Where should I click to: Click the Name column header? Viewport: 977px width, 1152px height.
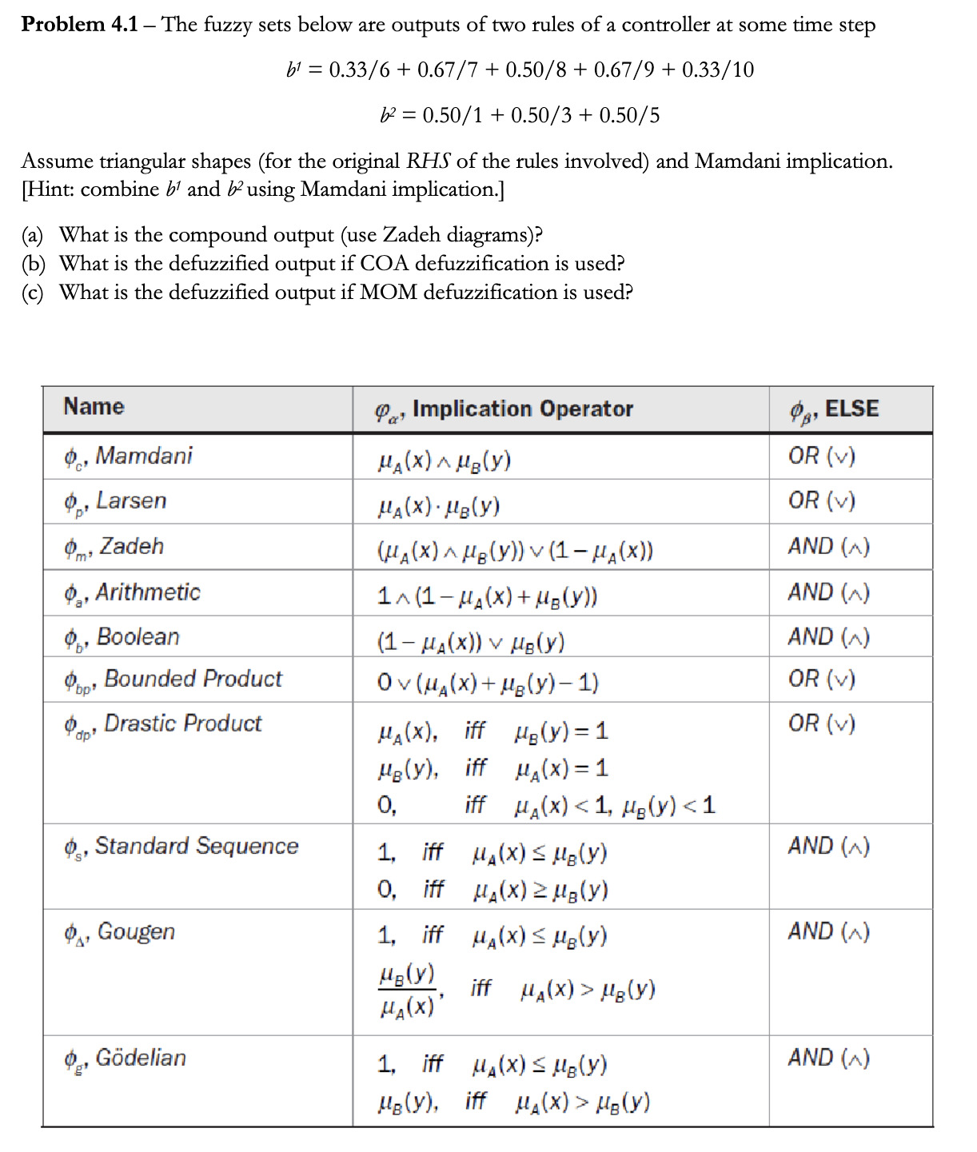coord(94,407)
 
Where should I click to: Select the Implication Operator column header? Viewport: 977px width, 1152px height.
coord(522,409)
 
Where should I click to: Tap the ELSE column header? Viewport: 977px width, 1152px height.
coord(851,409)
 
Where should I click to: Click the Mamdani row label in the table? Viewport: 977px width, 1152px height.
coord(143,456)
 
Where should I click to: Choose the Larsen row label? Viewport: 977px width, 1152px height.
coord(131,501)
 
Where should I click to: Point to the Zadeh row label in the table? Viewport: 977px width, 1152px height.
coord(131,547)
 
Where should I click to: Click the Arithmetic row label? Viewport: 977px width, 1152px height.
coord(147,592)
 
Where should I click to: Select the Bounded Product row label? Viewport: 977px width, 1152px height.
coord(193,679)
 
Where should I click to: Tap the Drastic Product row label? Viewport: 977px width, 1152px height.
coord(182,723)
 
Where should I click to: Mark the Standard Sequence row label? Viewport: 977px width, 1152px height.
coord(196,846)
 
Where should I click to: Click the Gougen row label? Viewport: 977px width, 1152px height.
coord(136,932)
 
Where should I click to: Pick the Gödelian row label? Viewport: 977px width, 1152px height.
coord(141,1058)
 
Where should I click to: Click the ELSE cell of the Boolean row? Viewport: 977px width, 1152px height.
coord(828,637)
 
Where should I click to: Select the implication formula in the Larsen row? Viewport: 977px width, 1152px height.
coord(439,506)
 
